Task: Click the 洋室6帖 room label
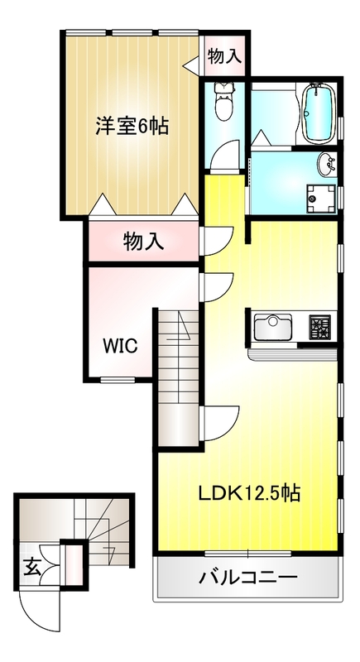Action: click(x=132, y=126)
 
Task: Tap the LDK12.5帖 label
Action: click(x=249, y=492)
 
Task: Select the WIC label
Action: click(x=121, y=346)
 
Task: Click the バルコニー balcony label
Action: click(x=248, y=576)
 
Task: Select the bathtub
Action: click(x=319, y=114)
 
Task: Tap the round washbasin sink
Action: click(x=326, y=165)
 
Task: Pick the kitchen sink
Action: click(x=272, y=327)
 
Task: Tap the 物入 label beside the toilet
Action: click(x=225, y=56)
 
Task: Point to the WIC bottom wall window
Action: click(x=118, y=380)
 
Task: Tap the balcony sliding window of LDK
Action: click(x=247, y=554)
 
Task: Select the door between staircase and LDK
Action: click(x=220, y=423)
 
